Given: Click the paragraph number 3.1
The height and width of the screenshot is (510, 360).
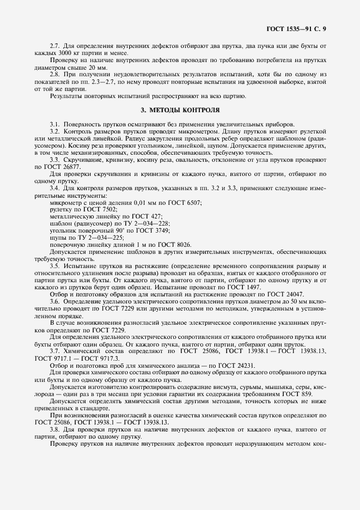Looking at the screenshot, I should [54, 124].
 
